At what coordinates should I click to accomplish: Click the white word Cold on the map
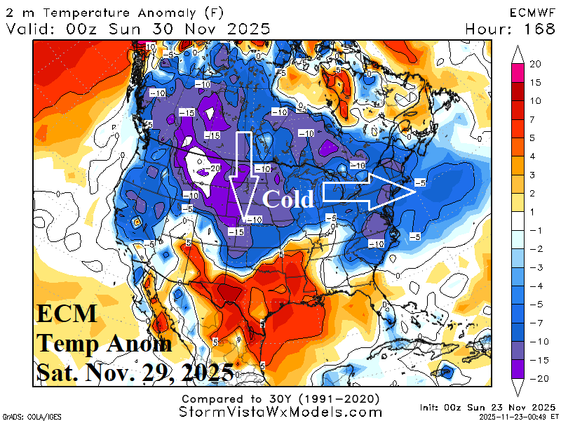click(288, 199)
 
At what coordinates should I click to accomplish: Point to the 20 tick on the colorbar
click(535, 64)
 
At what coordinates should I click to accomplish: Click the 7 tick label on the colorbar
click(535, 119)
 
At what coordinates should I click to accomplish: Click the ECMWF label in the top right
click(528, 13)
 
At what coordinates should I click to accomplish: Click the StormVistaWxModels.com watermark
click(280, 410)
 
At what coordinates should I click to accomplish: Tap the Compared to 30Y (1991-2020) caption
click(280, 398)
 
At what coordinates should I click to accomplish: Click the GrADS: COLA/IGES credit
click(28, 416)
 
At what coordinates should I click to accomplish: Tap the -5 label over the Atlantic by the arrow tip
click(419, 182)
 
